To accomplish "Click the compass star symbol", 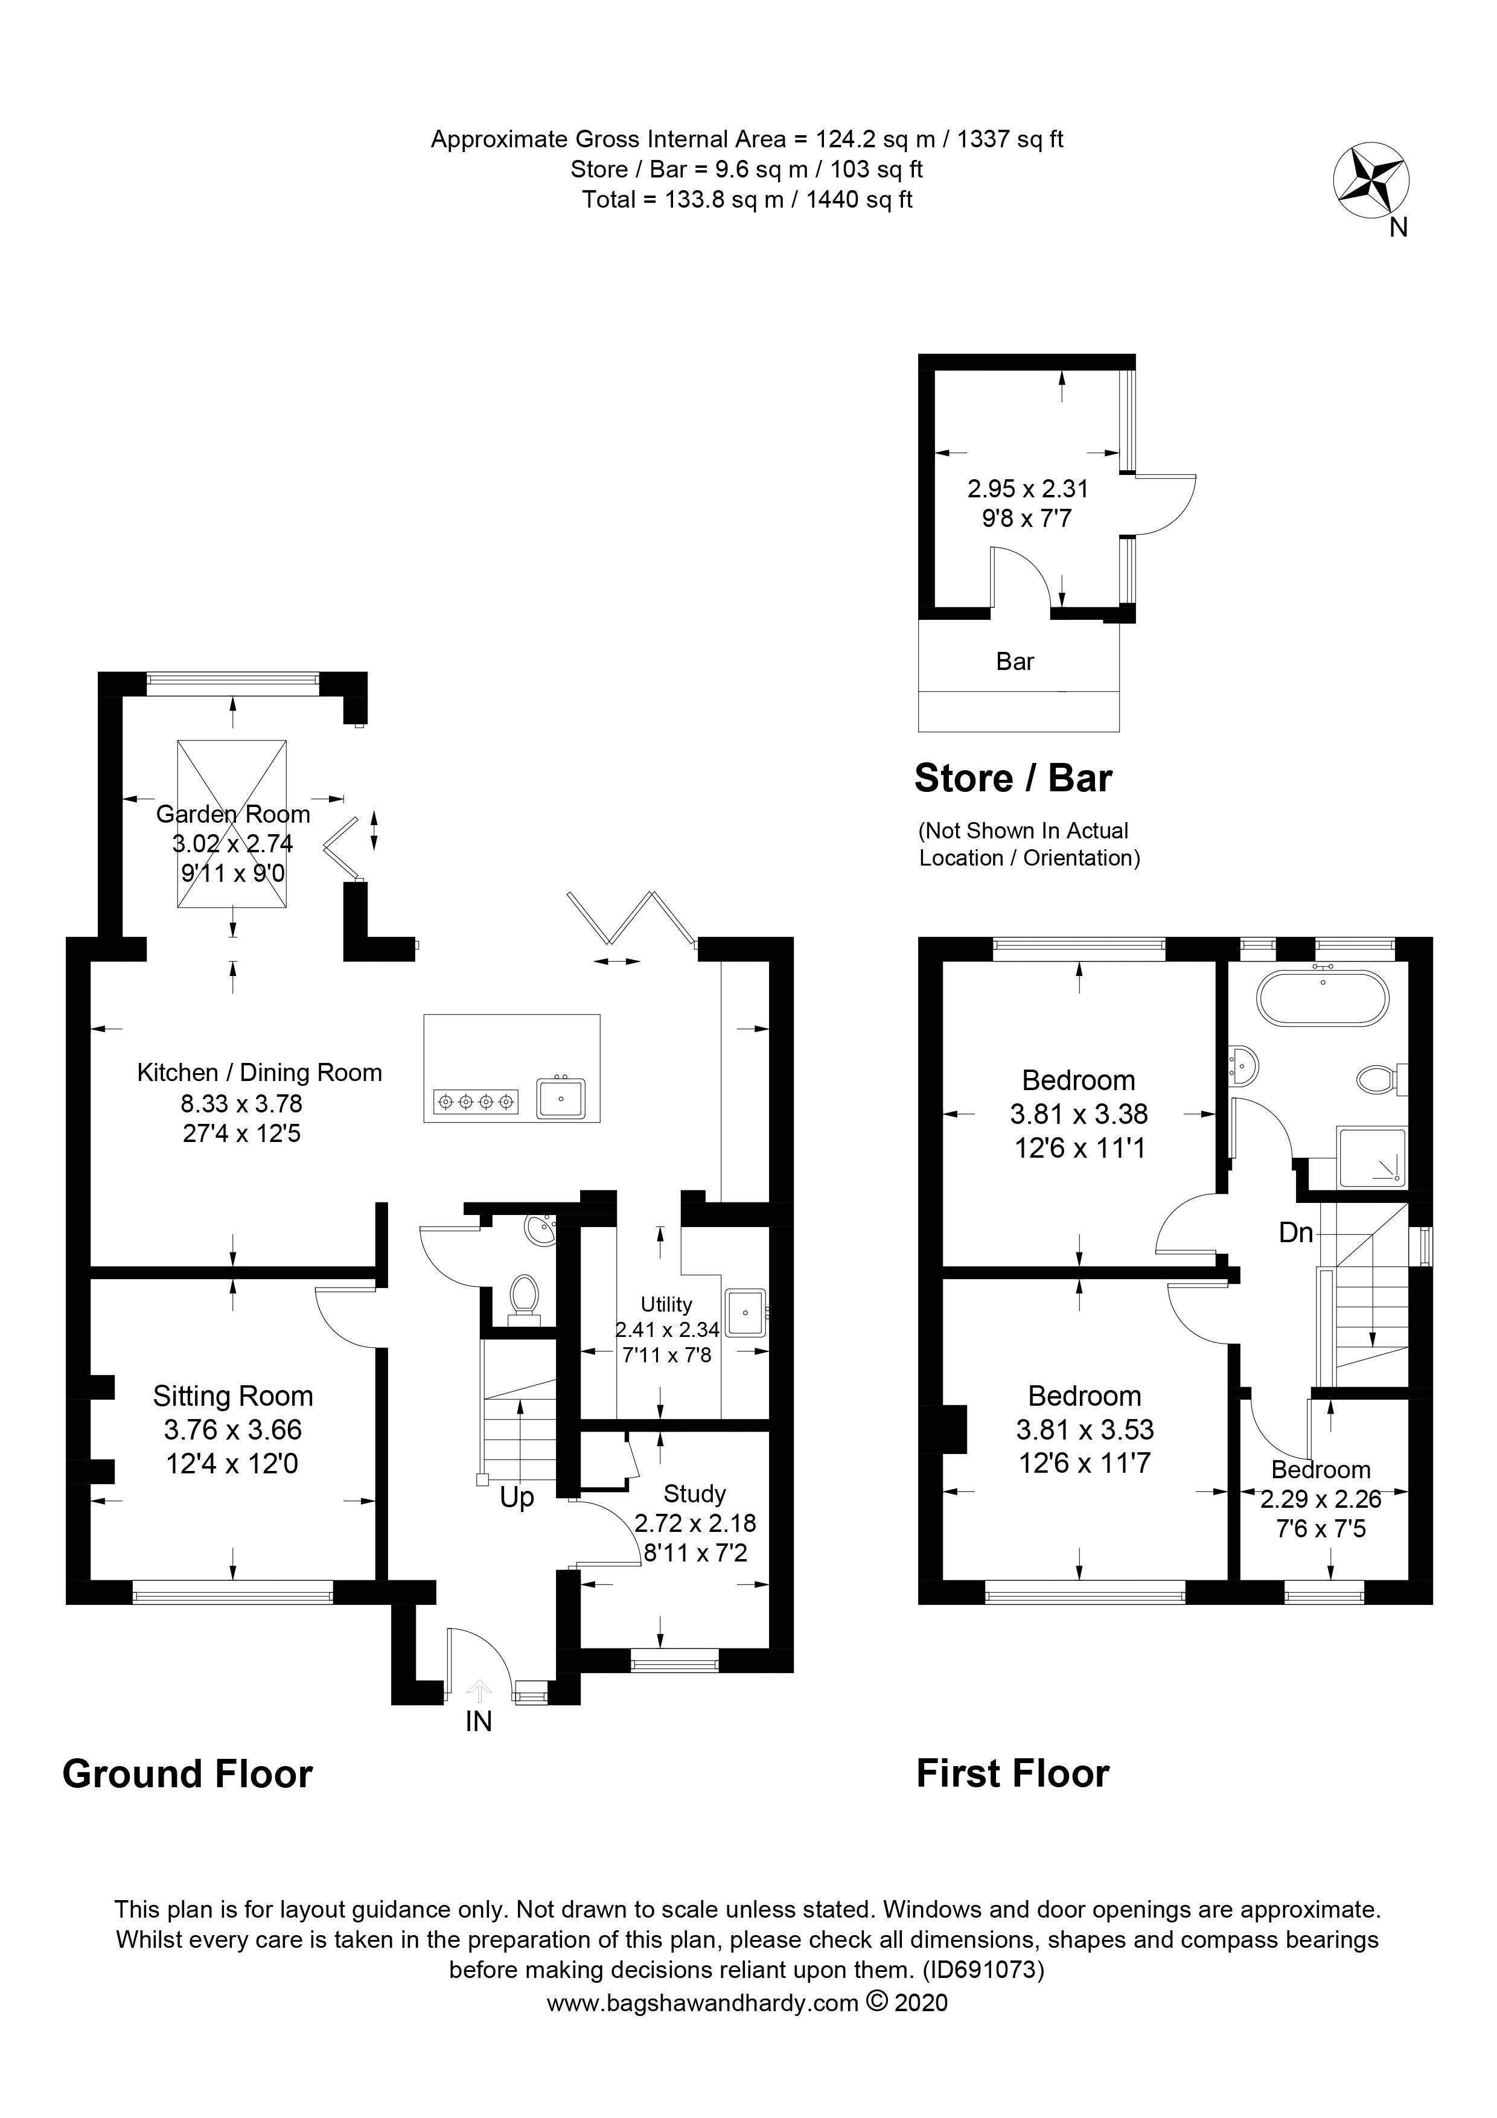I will (x=1371, y=181).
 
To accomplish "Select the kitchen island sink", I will (x=561, y=1099).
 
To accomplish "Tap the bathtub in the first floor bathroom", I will (x=1322, y=997).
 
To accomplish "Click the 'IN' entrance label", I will (x=478, y=1721).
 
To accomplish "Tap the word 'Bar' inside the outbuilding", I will (x=1015, y=662).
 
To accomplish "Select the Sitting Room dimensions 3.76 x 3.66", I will (x=232, y=1430).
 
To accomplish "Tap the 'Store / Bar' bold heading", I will (x=1013, y=779).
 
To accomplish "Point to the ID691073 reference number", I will (x=983, y=1970).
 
